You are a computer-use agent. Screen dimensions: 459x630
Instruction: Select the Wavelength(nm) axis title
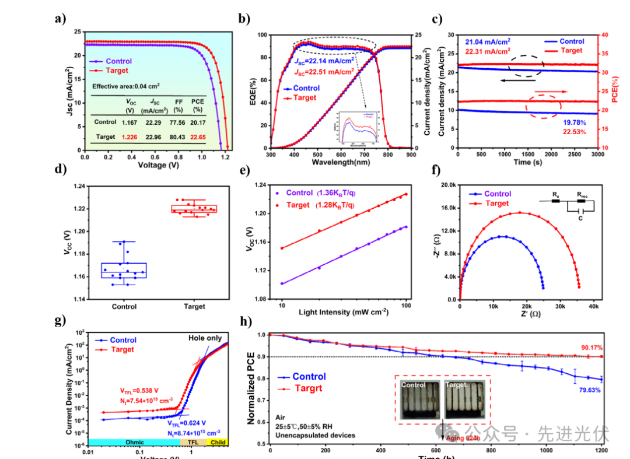339,162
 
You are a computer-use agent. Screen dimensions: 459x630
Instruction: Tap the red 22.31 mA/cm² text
487,51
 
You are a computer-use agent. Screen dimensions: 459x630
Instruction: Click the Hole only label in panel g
205,338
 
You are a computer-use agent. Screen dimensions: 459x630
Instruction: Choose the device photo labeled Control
419,399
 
